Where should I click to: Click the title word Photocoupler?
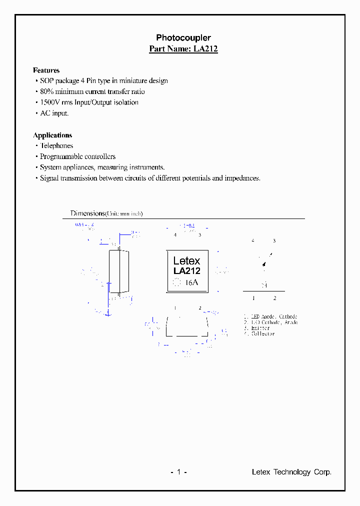click(183, 38)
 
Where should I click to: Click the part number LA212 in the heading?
click(205, 49)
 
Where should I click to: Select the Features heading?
click(46, 70)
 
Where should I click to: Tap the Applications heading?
click(52, 135)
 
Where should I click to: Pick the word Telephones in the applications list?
click(56, 146)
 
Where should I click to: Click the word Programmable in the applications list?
click(61, 156)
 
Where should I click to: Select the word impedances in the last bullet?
click(242, 178)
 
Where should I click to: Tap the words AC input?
click(54, 113)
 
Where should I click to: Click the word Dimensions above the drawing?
click(87, 213)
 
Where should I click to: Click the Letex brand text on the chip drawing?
click(186, 260)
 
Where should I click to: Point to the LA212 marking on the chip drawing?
click(187, 271)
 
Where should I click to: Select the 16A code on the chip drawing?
click(192, 282)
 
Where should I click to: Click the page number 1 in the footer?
click(178, 472)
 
